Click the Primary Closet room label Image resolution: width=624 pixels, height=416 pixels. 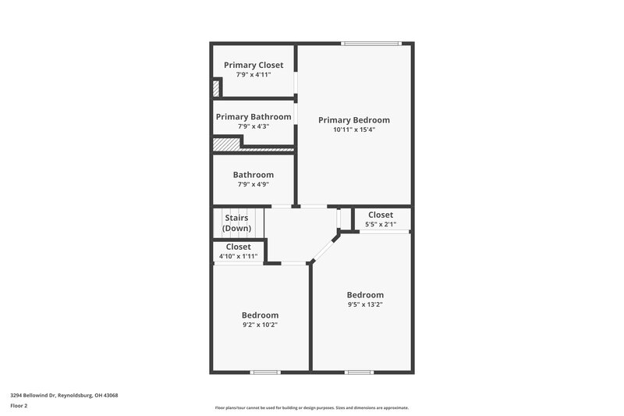point(253,65)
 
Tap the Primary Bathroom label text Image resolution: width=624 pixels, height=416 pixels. point(253,116)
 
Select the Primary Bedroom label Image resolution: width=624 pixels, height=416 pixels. point(353,120)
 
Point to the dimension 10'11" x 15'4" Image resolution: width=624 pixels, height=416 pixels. point(353,130)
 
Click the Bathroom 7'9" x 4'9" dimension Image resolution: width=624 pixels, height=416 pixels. point(253,184)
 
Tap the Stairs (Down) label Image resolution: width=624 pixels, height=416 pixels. point(237,222)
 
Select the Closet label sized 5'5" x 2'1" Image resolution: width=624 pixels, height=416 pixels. point(381,215)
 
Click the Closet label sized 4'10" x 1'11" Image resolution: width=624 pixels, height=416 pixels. point(238,247)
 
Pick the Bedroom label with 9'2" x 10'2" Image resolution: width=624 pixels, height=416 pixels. point(260,315)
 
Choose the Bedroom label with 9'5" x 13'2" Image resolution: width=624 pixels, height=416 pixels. point(365,294)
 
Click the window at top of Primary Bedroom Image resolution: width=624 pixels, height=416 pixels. point(372,43)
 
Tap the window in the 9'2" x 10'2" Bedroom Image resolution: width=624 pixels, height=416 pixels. point(265,372)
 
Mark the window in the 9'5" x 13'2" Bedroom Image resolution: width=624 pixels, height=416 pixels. point(359,372)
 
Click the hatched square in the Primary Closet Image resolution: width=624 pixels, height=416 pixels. point(216,88)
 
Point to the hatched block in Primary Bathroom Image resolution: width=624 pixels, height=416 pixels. point(227,144)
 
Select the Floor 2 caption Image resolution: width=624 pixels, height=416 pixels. point(19,406)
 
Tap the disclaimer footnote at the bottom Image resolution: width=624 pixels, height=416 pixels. point(312,407)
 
